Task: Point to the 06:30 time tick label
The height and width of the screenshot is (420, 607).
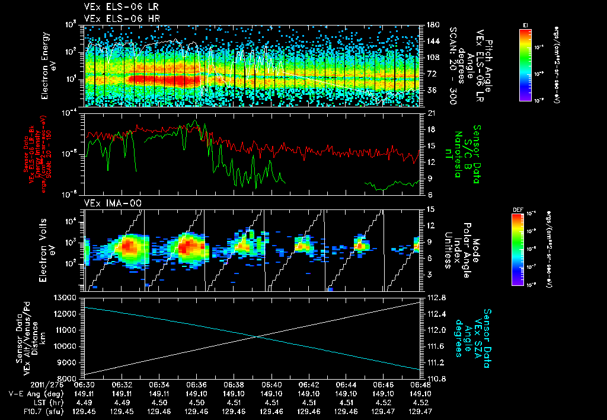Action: coord(85,384)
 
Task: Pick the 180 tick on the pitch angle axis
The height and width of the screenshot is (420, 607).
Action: coord(429,25)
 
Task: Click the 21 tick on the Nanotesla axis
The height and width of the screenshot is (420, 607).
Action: coord(427,113)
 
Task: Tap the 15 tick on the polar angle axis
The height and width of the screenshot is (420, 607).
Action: coord(427,209)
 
